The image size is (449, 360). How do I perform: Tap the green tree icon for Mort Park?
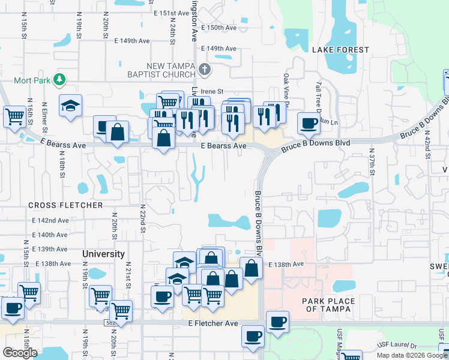(59, 79)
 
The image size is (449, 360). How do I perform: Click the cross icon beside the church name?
(205, 70)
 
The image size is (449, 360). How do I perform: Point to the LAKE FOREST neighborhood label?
(340, 50)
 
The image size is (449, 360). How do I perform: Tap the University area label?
(103, 254)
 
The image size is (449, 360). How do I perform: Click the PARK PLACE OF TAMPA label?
(328, 305)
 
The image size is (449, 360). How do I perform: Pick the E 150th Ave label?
(219, 28)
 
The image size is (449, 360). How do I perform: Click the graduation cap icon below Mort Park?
(71, 106)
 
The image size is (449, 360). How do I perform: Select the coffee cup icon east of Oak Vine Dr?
(309, 123)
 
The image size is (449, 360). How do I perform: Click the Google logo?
(20, 352)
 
